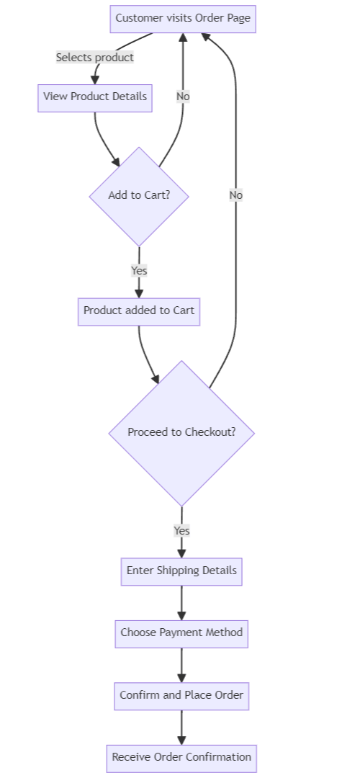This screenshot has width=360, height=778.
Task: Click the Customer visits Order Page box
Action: [x=182, y=18]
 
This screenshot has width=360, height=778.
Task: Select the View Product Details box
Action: [x=95, y=97]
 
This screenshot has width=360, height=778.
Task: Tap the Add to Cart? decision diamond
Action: [x=139, y=195]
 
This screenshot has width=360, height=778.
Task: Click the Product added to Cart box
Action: [x=139, y=311]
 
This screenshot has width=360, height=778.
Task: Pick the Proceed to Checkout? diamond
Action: [x=181, y=432]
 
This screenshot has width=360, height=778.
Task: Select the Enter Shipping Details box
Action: [x=181, y=571]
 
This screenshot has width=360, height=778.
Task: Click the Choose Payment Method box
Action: [x=181, y=633]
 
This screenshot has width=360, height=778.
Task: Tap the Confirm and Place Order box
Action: [x=181, y=696]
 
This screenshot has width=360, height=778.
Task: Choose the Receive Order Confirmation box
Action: [x=181, y=758]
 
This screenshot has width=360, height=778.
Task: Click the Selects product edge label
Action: [x=95, y=58]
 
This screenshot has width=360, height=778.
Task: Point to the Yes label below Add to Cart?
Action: [x=139, y=271]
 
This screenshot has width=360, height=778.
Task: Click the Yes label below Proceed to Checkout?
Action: [x=181, y=531]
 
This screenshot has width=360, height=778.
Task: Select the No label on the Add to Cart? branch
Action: [x=183, y=97]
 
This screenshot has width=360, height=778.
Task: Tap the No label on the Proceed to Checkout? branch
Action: [x=236, y=195]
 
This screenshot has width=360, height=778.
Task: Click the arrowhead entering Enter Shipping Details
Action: [x=181, y=553]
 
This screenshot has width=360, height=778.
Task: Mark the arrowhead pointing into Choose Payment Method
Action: [x=181, y=614]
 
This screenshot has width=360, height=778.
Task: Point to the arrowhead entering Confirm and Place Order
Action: [x=181, y=677]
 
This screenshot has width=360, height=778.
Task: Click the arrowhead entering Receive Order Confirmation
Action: [x=181, y=740]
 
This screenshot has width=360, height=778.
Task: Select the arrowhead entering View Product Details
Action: [x=95, y=79]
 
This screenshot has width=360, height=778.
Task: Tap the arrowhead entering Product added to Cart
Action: [x=139, y=292]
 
